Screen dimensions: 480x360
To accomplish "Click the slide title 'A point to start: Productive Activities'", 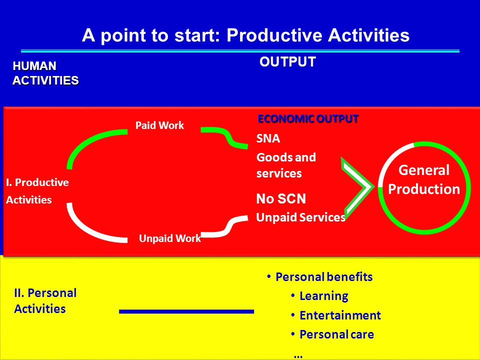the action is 245,35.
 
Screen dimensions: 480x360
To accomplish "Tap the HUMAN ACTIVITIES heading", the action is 45,73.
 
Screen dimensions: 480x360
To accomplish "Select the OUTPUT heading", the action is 287,62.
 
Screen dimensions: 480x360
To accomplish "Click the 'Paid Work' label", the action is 159,125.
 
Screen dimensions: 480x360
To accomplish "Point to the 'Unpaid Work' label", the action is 170,238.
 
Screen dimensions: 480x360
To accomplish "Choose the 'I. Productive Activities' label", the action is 37,191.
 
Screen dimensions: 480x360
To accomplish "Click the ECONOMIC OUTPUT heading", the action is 308,119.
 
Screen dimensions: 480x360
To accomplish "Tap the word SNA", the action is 268,138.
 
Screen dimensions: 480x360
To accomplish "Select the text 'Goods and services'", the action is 286,165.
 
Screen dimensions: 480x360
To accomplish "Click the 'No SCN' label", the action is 281,198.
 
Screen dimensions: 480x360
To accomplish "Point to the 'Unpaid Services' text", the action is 300,217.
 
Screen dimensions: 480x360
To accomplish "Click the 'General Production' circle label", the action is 424,179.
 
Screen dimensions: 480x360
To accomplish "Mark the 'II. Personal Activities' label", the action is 45,300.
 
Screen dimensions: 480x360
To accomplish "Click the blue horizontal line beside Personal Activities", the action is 186,311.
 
